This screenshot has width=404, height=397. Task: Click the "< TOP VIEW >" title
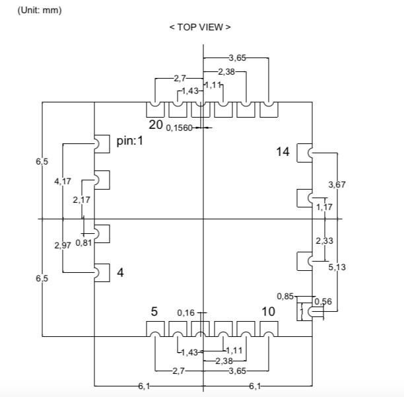[200, 27]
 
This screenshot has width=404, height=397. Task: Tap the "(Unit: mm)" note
[40, 11]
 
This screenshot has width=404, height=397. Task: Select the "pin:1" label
[129, 141]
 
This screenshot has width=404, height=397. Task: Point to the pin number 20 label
[156, 125]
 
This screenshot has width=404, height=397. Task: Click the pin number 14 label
[283, 151]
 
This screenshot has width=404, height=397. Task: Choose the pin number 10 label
[268, 311]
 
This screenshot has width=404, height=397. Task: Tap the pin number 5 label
[154, 311]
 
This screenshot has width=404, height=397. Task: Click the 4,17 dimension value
[63, 181]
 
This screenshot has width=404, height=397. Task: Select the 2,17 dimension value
[81, 199]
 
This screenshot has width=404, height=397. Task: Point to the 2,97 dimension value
[63, 246]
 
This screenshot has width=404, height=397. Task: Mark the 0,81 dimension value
[84, 242]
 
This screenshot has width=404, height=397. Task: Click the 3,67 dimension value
[337, 184]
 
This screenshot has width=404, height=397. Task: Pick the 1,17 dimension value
[324, 207]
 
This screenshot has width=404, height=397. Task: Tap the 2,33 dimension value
[324, 241]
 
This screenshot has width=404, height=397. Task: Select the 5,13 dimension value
[337, 267]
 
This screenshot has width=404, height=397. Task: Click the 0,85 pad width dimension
[285, 297]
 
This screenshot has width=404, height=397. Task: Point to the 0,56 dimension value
[323, 301]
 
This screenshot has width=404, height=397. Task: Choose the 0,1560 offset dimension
[179, 128]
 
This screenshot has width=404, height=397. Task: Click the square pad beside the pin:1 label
[102, 144]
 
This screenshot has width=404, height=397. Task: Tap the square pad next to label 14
[304, 153]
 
